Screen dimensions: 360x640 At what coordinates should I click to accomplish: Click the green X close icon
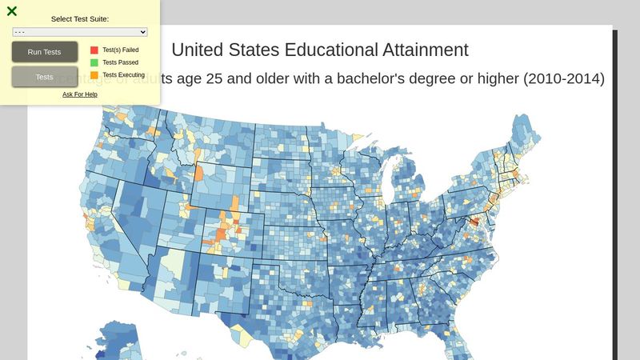[12, 11]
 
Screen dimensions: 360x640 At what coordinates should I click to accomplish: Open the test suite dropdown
[80, 31]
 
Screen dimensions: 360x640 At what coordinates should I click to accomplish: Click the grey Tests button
[45, 77]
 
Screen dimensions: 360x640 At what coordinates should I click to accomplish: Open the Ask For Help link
[80, 94]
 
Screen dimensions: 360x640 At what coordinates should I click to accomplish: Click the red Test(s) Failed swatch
[94, 50]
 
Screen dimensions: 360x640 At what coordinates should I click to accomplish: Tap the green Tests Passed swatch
[94, 62]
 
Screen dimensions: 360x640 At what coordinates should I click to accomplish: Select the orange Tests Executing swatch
[94, 75]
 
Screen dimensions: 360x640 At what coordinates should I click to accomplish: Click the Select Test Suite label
[80, 18]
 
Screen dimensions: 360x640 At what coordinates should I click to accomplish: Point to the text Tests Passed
[120, 62]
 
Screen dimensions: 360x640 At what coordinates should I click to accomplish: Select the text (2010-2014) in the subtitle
[562, 79]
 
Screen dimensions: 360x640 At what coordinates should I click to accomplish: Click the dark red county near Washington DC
[474, 222]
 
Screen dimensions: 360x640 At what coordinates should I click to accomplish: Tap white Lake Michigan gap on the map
[390, 180]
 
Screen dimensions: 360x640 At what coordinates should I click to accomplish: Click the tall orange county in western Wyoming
[198, 174]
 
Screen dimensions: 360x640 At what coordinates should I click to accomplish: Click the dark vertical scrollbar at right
[615, 192]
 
